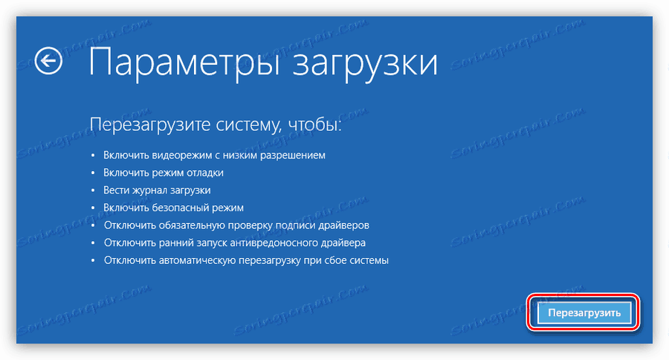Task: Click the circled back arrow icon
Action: click(x=49, y=62)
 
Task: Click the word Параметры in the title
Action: click(x=173, y=62)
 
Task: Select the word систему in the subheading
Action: click(x=238, y=125)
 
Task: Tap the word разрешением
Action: click(x=295, y=155)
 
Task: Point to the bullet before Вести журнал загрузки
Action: click(x=93, y=191)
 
